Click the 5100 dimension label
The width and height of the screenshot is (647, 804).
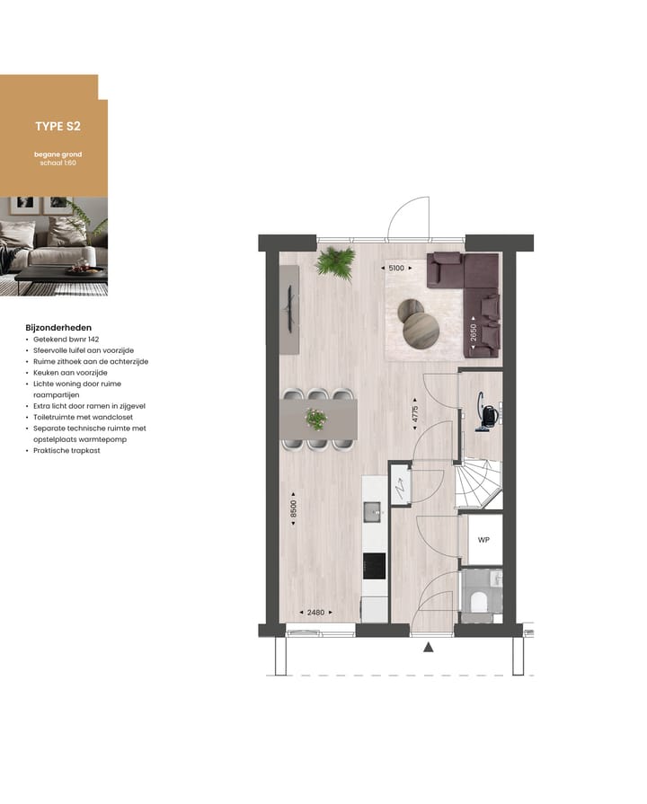coord(395,267)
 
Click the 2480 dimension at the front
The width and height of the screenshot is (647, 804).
coord(315,613)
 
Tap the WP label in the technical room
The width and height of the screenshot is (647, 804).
coord(483,541)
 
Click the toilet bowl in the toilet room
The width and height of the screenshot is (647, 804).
coord(480,599)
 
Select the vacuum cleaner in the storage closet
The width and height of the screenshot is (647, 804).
coord(489,413)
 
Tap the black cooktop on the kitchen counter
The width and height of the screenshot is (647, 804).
coord(374,566)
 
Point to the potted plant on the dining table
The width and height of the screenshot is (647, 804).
coord(315,419)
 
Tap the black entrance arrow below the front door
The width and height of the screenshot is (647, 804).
coord(429,647)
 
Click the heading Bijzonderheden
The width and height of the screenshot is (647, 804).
coord(60,328)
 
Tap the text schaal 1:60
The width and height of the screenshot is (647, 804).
coord(58,164)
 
